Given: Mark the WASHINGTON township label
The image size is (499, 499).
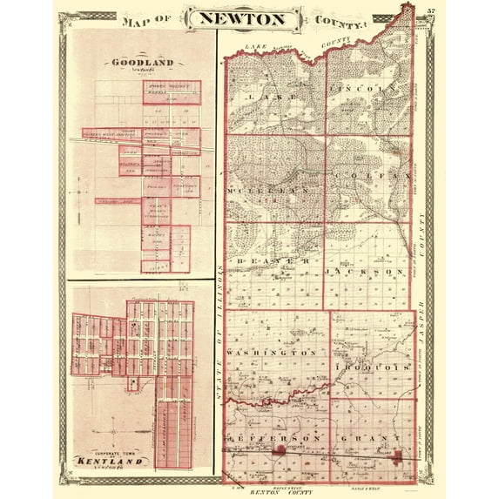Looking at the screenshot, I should (271, 353).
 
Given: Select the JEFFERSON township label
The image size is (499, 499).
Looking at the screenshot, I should (269, 435).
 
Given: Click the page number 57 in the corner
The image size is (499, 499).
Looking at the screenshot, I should (431, 11).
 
